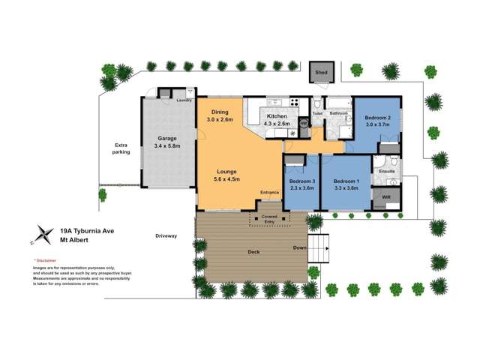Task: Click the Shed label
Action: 322,73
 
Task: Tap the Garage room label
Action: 166,138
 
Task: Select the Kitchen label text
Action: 277,116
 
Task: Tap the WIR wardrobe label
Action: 386,197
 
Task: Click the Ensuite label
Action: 387,171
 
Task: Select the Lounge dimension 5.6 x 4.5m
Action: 228,178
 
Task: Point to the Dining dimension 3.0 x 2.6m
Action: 220,120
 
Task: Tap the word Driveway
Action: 166,236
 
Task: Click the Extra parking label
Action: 121,148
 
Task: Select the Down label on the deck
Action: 299,247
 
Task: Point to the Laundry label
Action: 184,100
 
